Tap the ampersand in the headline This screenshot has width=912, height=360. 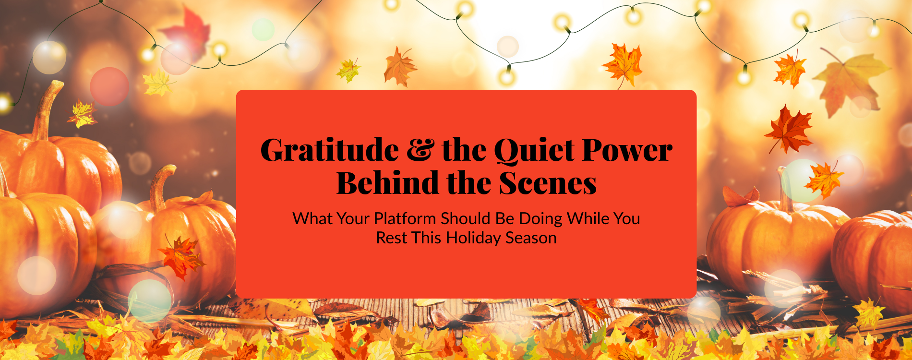[x=420, y=150]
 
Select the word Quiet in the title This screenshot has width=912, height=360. [x=534, y=151]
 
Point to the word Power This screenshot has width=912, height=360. [x=627, y=151]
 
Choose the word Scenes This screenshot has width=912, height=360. [x=548, y=183]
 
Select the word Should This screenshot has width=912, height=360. [x=466, y=219]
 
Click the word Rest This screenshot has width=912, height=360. [x=391, y=238]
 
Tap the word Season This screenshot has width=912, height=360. [x=531, y=238]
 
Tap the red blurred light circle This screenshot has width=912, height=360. [x=109, y=86]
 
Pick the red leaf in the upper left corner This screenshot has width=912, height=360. [x=188, y=33]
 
